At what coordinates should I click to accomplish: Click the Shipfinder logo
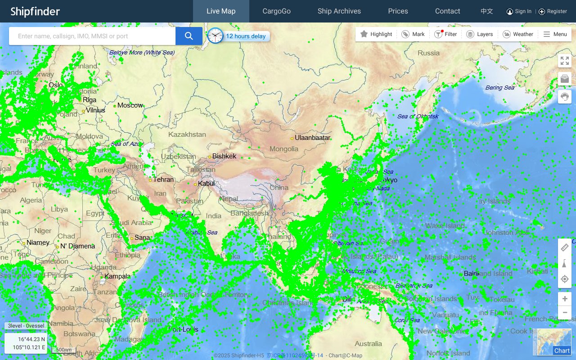pyautogui.click(x=35, y=11)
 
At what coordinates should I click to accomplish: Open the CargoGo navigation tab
pyautogui.click(x=276, y=11)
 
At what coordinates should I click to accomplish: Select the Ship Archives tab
pyautogui.click(x=339, y=11)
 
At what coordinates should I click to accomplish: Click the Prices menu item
pyautogui.click(x=398, y=11)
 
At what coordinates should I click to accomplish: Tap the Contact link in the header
pyautogui.click(x=447, y=11)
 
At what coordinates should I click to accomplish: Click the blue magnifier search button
pyautogui.click(x=189, y=36)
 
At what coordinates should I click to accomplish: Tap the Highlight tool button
pyautogui.click(x=376, y=34)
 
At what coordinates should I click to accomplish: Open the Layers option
pyautogui.click(x=480, y=34)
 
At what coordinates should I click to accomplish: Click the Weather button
pyautogui.click(x=518, y=34)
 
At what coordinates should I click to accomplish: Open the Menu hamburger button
pyautogui.click(x=555, y=34)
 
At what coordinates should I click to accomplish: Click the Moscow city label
pyautogui.click(x=130, y=105)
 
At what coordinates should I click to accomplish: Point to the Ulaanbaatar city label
pyautogui.click(x=312, y=138)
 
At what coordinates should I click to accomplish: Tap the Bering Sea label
pyautogui.click(x=499, y=88)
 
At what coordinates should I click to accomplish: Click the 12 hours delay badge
pyautogui.click(x=245, y=36)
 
